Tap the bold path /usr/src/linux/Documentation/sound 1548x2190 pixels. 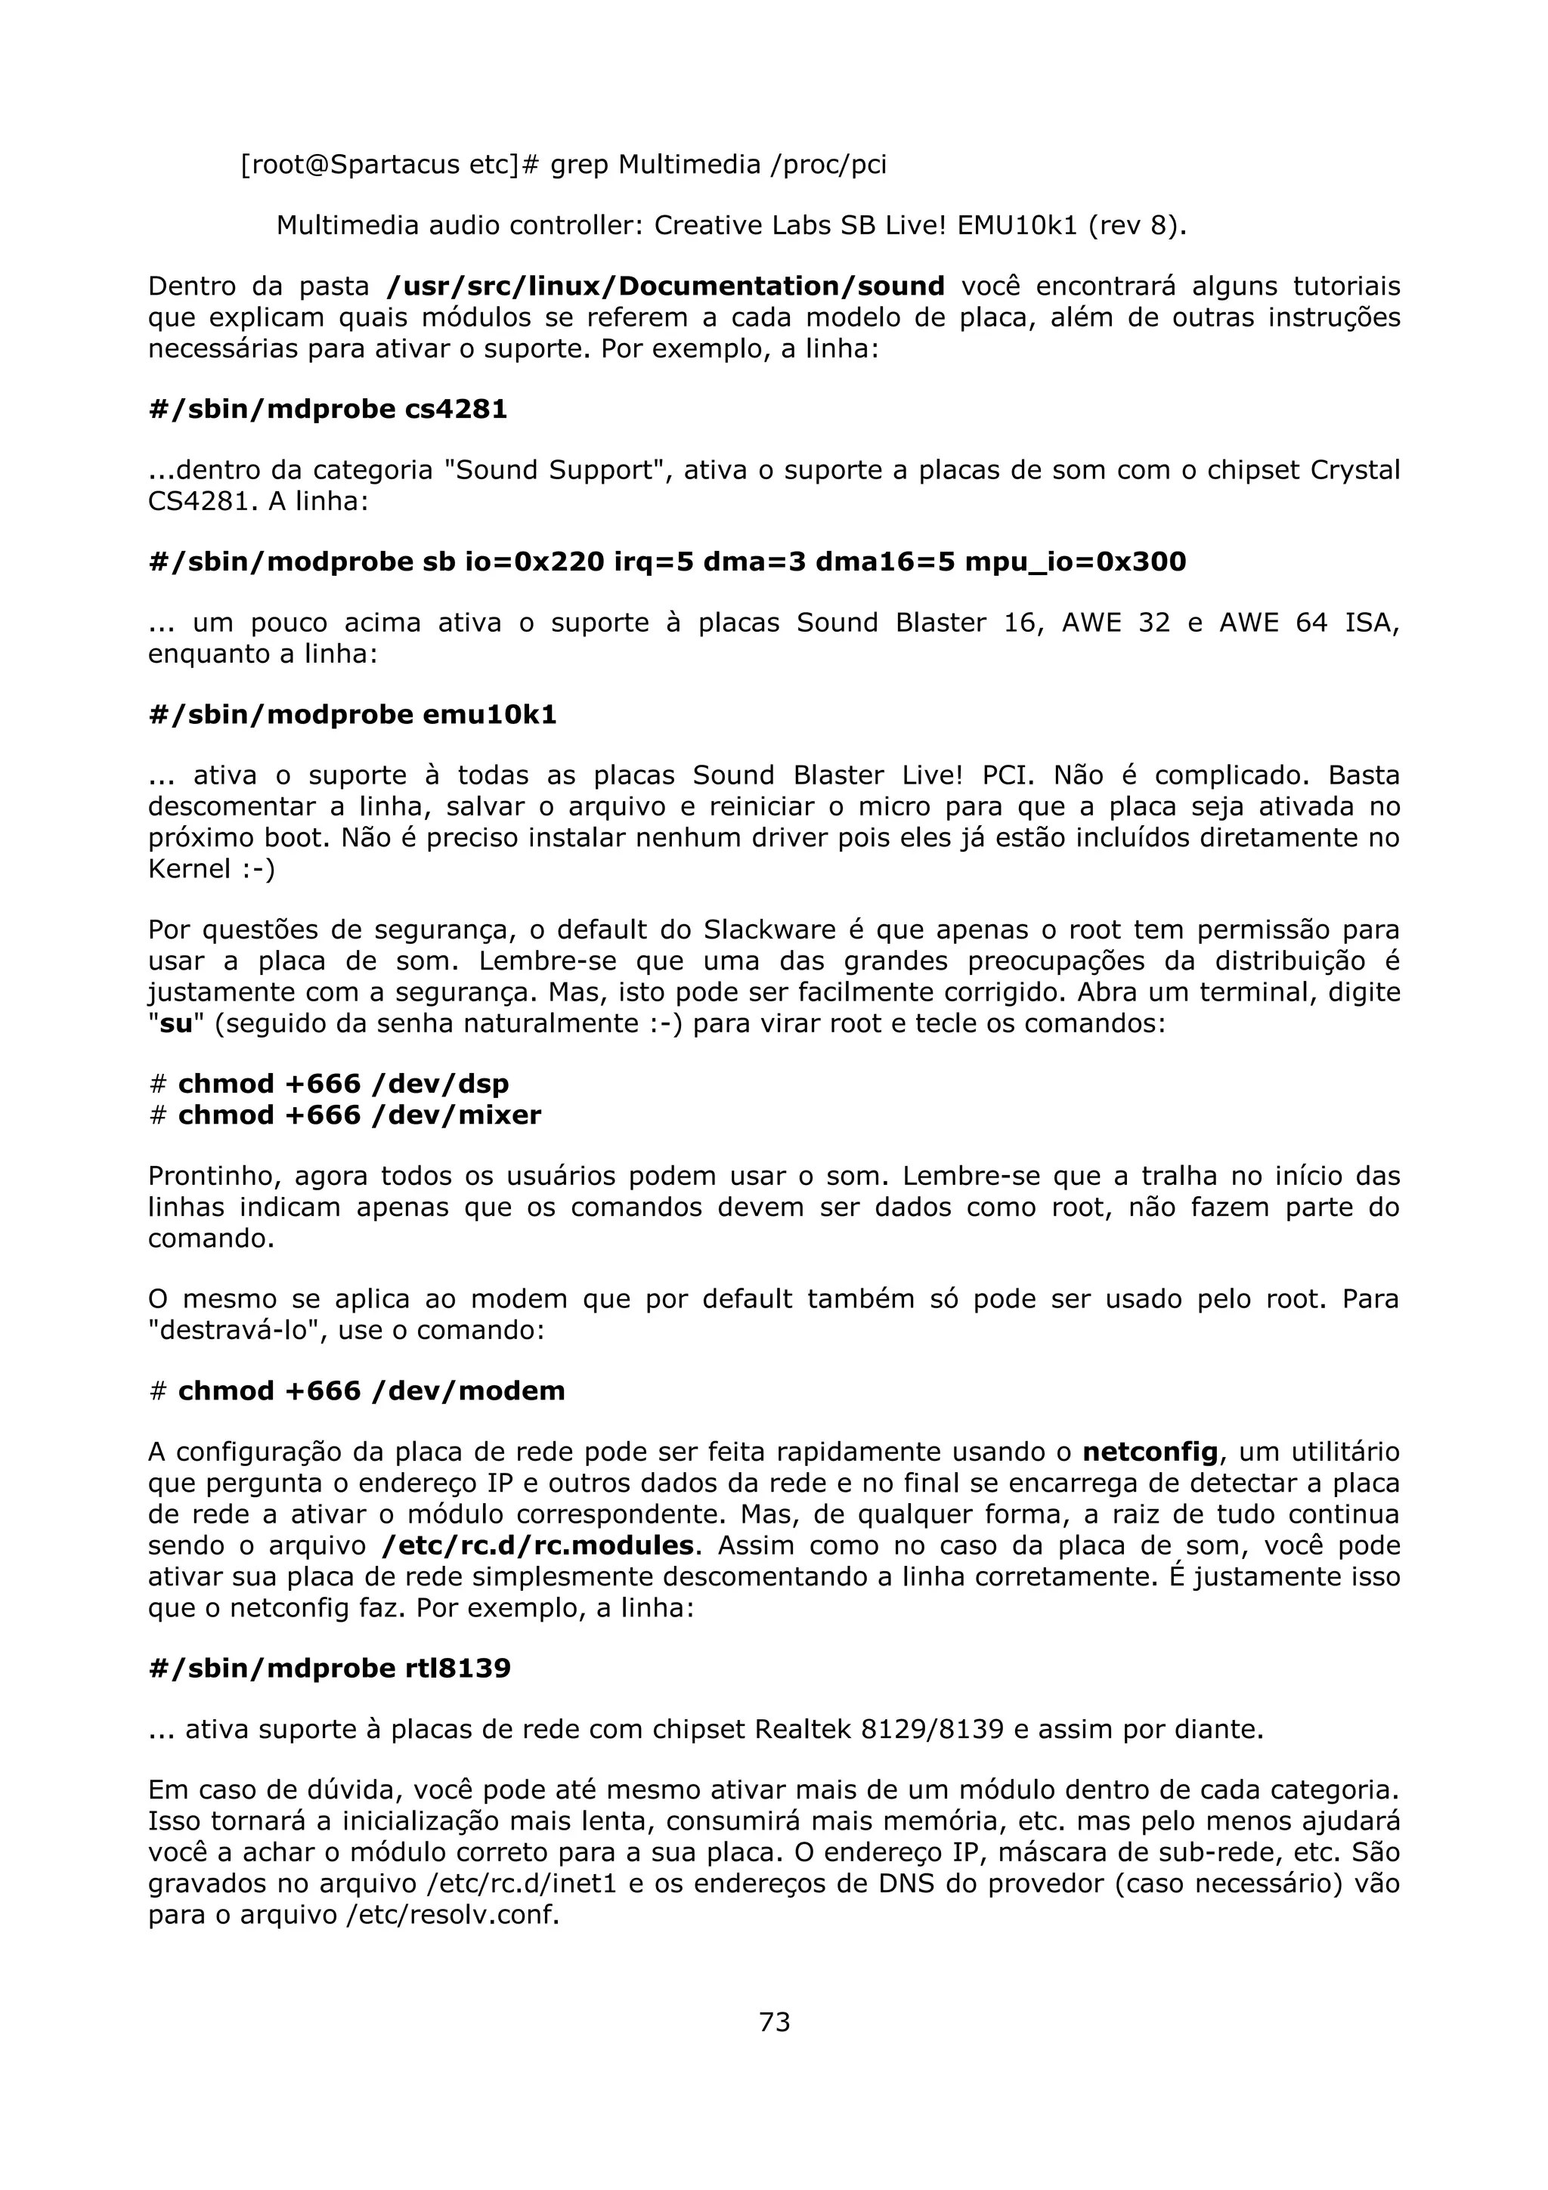(x=666, y=286)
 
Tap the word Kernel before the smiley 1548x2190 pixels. (x=190, y=869)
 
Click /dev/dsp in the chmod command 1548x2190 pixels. (x=441, y=1084)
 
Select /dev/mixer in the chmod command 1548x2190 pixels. (x=457, y=1115)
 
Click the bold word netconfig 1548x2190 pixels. (x=1150, y=1452)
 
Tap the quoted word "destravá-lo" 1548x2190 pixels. (x=237, y=1330)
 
